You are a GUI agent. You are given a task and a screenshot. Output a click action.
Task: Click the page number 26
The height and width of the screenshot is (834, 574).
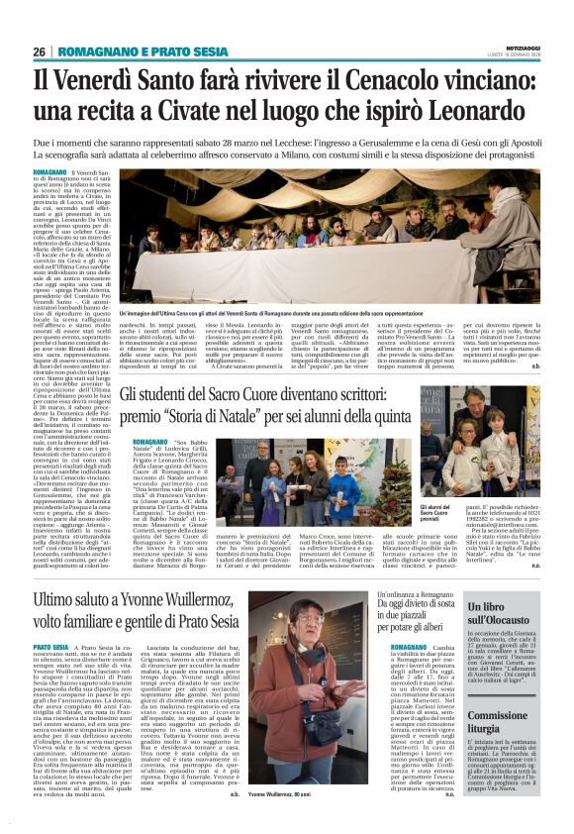pos(41,52)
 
